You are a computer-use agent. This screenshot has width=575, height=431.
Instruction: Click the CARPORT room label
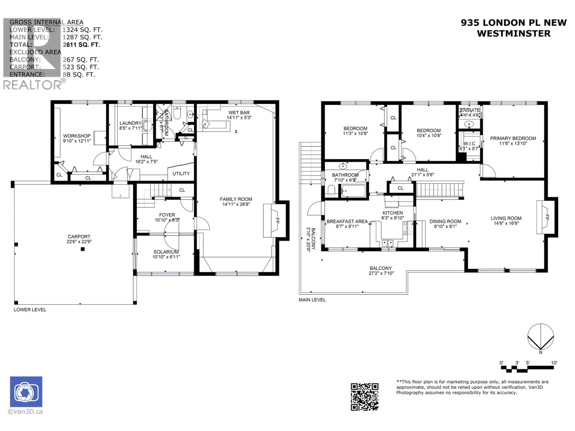coord(79,237)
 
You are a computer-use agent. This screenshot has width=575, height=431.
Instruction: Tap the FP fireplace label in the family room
coord(277,221)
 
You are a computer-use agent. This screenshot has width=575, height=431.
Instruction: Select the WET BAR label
coord(239,113)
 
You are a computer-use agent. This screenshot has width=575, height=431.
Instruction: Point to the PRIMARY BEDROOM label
coord(513,138)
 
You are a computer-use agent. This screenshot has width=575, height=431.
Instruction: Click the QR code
coord(364,397)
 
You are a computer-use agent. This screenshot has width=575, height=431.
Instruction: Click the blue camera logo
coord(26,391)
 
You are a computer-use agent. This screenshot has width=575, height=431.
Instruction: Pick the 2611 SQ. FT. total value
coord(81,45)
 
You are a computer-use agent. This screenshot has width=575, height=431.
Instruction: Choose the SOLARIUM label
coord(166,252)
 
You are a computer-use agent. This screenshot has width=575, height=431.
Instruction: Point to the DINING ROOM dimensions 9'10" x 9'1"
coord(445,226)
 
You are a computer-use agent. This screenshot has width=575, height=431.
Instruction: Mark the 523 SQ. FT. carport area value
coord(81,67)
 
